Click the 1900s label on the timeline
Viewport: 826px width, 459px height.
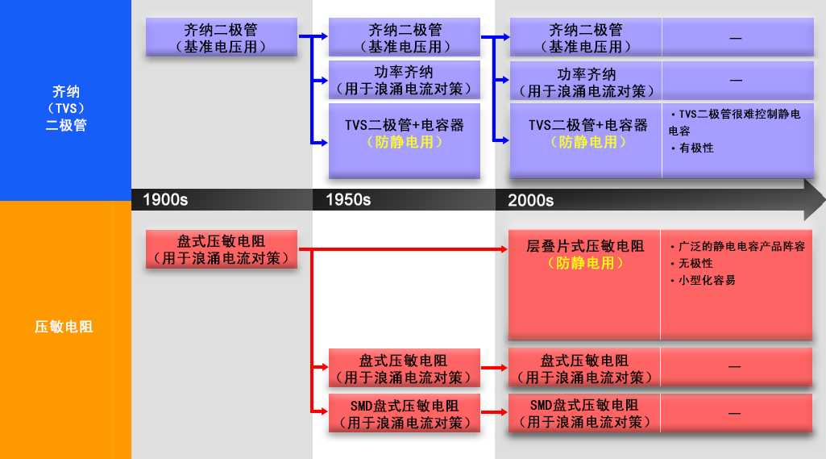165,200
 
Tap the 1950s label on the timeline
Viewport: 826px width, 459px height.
348,200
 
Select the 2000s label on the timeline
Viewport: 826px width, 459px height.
530,201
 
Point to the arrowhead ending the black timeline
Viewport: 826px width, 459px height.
815,200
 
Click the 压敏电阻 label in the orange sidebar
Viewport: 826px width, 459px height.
64,327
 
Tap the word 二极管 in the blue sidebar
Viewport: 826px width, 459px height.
66,126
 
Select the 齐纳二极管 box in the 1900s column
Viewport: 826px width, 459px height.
222,37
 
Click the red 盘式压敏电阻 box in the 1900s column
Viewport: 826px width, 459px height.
222,249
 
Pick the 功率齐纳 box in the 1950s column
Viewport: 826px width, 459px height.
404,80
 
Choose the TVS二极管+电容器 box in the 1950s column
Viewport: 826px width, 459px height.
404,141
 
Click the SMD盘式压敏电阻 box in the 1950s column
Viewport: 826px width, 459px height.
404,413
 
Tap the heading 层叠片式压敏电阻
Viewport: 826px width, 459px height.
585,246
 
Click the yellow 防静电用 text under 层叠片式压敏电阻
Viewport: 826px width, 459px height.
585,263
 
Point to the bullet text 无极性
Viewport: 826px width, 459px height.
695,263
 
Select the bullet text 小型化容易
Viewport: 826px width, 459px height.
707,280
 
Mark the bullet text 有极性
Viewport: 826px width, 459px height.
696,148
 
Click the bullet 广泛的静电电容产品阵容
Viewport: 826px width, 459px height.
741,246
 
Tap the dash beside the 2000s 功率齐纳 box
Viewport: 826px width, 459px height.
736,80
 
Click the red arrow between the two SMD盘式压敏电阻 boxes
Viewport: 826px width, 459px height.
494,412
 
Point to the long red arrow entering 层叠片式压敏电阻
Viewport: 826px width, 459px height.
403,249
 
